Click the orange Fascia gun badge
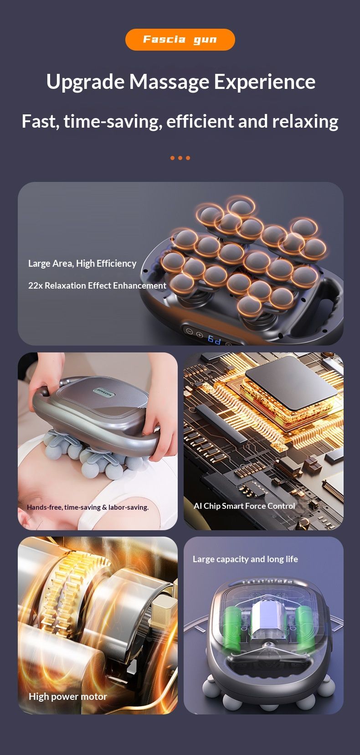180,39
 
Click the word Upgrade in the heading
86,82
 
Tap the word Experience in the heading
265,82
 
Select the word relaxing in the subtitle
305,121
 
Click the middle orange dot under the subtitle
180,158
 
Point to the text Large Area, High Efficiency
82,264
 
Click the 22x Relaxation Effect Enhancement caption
97,285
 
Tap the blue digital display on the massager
214,339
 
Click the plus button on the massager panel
199,335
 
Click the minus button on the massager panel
189,331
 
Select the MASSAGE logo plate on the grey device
104,392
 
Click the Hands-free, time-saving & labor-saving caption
87,507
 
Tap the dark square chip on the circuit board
292,382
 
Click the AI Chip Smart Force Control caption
244,506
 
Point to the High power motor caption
68,696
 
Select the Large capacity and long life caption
245,559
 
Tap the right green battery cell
305,626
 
